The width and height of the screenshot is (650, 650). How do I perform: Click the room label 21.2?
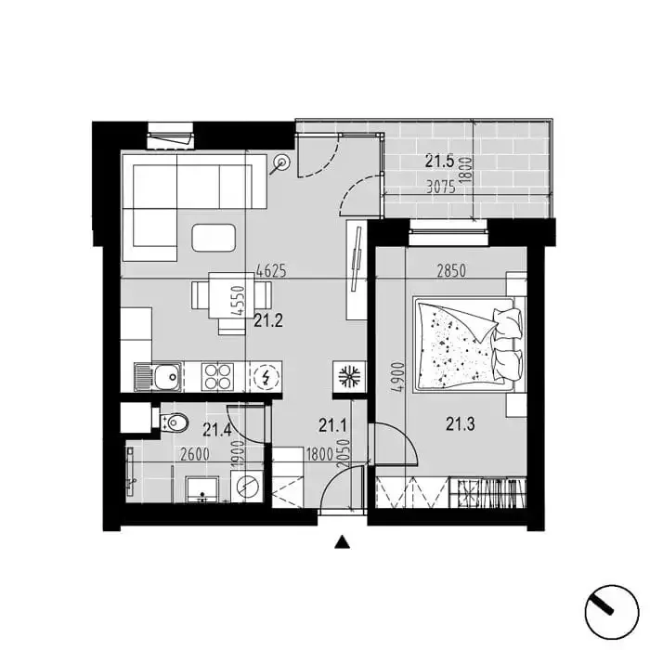point(268,320)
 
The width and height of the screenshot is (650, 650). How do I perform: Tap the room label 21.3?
point(461,424)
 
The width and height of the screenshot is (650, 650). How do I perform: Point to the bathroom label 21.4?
point(216,430)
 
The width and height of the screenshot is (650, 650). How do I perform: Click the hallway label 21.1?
point(332,425)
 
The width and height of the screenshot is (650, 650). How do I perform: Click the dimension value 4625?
point(271,271)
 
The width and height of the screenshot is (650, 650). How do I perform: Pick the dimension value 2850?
point(451,271)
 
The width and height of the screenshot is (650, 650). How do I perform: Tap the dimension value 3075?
point(441,188)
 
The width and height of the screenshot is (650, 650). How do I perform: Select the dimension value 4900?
point(398,377)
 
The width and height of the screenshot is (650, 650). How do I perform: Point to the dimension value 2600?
point(195,454)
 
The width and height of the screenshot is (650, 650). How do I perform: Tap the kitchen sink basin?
point(167,377)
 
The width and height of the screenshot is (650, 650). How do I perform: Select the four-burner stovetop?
point(216,377)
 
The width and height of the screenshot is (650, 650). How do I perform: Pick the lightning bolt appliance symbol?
point(266,377)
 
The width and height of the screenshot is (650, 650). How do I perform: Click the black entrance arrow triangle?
point(342,541)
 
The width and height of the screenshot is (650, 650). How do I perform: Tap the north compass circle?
point(611,612)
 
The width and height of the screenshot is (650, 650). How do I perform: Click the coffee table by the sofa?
point(214,238)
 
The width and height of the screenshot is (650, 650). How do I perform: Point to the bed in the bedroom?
point(468,344)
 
